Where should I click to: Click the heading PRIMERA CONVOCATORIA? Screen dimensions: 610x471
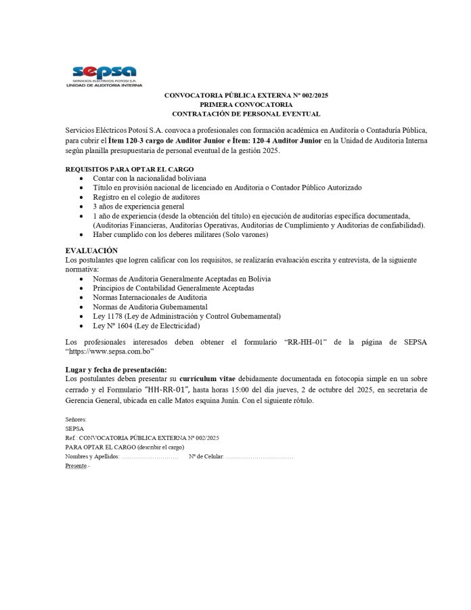click(x=246, y=105)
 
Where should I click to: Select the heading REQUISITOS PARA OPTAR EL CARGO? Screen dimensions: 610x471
click(x=129, y=169)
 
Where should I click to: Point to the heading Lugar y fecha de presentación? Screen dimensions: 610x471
click(x=116, y=370)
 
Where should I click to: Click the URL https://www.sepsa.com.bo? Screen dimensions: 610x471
click(x=111, y=352)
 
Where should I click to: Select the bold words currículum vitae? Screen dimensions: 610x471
click(x=217, y=378)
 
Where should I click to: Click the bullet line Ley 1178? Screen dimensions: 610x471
click(x=187, y=316)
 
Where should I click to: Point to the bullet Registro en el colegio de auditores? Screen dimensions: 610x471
click(x=146, y=196)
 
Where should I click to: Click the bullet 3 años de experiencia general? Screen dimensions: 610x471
click(x=139, y=206)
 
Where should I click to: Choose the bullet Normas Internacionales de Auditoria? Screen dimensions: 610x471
click(x=150, y=297)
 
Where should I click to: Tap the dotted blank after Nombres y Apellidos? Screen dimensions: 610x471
click(x=150, y=457)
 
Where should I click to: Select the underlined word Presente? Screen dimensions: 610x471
click(x=76, y=466)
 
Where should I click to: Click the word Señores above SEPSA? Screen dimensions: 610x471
click(x=76, y=420)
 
